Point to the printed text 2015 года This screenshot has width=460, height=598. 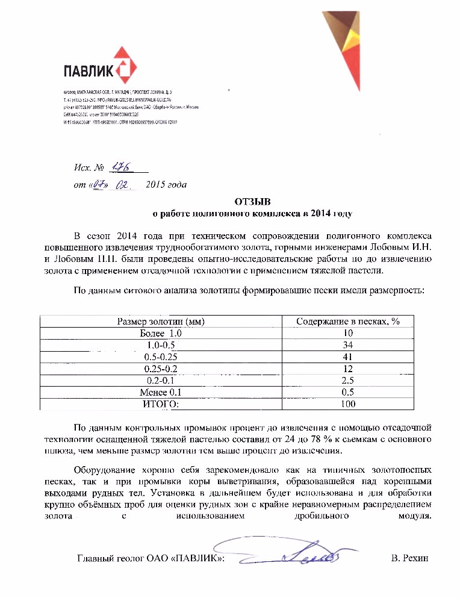[x=166, y=185]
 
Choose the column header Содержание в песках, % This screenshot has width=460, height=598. [x=347, y=322]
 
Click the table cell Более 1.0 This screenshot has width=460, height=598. [x=160, y=333]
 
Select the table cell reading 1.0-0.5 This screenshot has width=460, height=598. [x=161, y=345]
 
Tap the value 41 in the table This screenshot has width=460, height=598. [x=347, y=357]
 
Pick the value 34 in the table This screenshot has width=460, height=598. [x=347, y=345]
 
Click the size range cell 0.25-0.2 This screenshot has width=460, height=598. [x=161, y=369]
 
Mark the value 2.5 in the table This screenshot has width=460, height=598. [x=347, y=380]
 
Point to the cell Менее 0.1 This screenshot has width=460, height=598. [x=160, y=392]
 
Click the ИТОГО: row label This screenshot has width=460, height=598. [x=160, y=403]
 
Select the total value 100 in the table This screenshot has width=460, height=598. [x=347, y=403]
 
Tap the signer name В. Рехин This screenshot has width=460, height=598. [x=409, y=559]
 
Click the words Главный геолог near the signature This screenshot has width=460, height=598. [x=111, y=559]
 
